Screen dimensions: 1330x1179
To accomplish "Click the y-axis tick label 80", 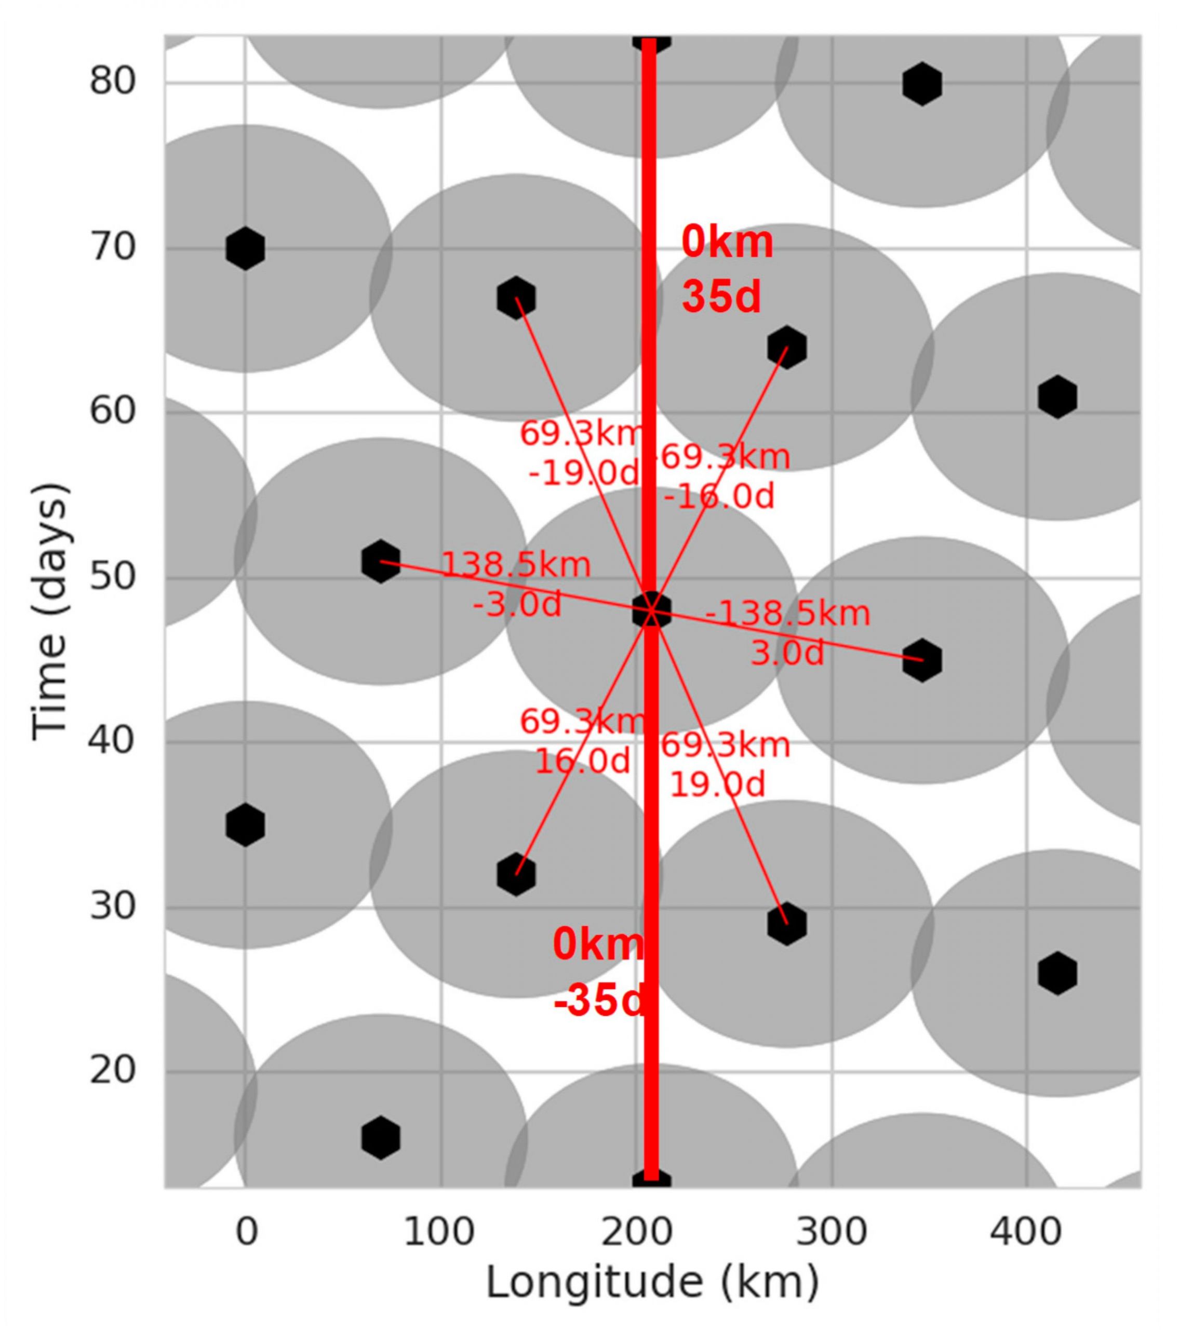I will pos(111,82).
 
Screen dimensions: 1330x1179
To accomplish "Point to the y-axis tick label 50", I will pos(111,577).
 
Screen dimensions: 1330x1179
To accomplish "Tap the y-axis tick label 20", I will pos(111,1070).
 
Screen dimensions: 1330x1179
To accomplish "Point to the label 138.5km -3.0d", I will pos(516,583).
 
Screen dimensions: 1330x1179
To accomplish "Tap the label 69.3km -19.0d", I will pos(582,453).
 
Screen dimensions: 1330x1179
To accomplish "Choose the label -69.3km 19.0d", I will pos(724,765).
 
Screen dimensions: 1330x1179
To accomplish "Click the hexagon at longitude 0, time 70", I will pos(245,248).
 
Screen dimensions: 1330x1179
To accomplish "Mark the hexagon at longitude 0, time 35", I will pos(245,824).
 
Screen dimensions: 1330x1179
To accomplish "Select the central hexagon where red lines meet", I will pos(651,610).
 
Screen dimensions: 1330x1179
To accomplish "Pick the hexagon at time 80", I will pos(921,83).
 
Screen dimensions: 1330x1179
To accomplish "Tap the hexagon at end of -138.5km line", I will pos(921,660).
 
